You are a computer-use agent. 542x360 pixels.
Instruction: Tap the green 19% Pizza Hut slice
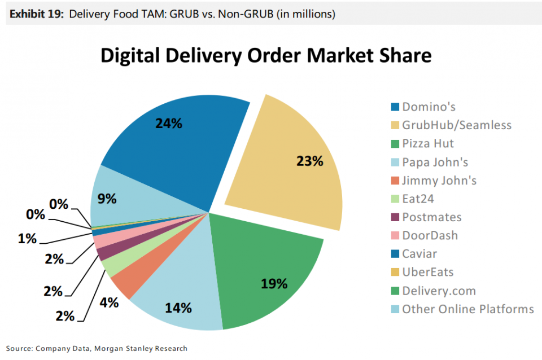click(265, 271)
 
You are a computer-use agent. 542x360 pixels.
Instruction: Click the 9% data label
click(107, 198)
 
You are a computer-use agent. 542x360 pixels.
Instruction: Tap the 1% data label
click(27, 239)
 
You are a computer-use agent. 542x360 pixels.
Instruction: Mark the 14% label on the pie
click(178, 308)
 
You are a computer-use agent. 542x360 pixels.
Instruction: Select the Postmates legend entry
click(431, 217)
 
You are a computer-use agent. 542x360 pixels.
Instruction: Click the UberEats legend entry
click(427, 272)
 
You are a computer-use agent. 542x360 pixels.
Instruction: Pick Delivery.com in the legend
click(439, 291)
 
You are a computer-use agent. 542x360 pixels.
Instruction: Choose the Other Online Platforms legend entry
click(467, 309)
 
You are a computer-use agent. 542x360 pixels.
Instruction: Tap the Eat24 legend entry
click(418, 199)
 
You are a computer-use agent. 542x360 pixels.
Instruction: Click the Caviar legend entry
click(419, 254)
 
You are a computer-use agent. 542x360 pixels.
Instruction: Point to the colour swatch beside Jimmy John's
click(395, 181)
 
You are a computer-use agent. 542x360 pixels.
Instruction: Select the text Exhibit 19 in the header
click(35, 14)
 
